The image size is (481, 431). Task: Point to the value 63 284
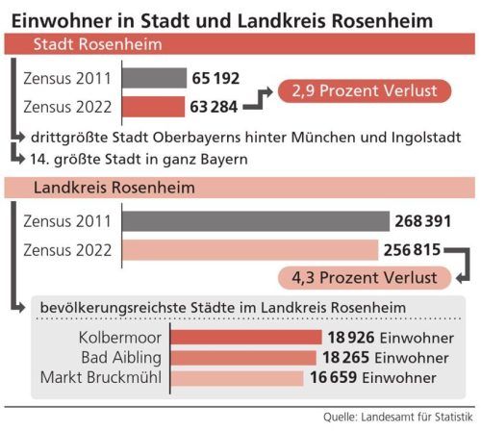click(x=215, y=104)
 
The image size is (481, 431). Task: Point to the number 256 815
click(x=412, y=250)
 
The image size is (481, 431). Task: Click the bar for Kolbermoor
click(x=245, y=338)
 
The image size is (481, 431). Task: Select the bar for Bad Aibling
click(x=242, y=357)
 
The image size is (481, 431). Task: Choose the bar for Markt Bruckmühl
click(x=239, y=376)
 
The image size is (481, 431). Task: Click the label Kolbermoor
click(x=119, y=338)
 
